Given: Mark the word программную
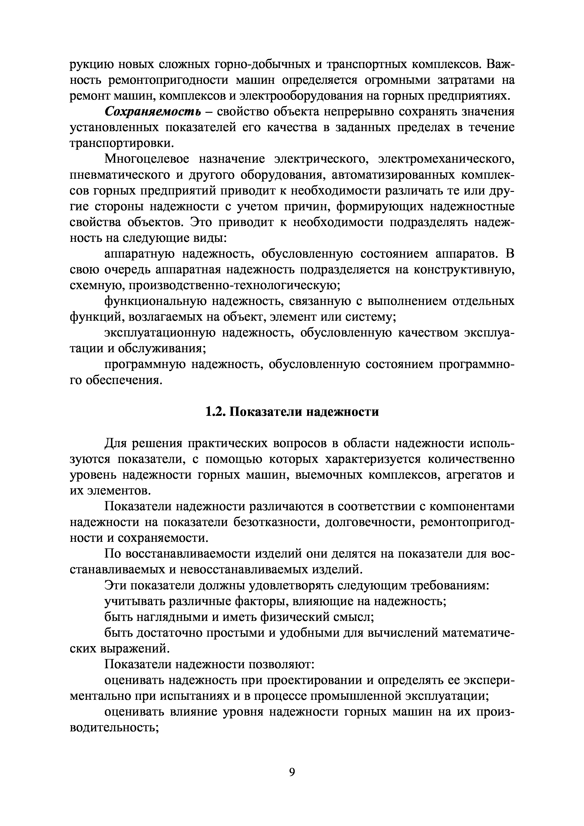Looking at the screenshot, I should click(145, 364).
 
